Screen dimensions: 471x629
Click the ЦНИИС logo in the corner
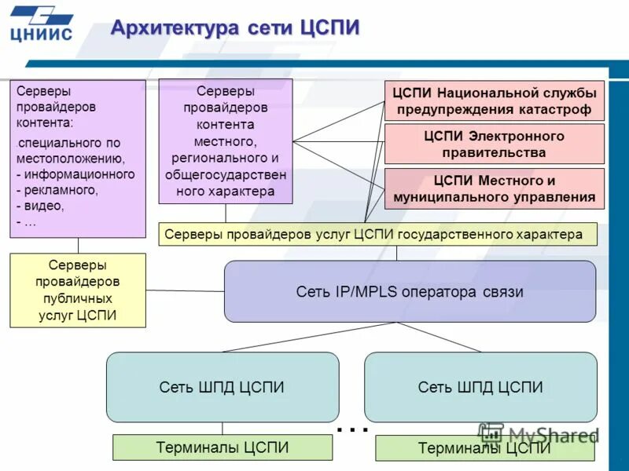tap(41, 24)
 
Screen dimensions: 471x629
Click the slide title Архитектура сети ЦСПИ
tap(235, 28)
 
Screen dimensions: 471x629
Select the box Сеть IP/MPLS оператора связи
tap(410, 292)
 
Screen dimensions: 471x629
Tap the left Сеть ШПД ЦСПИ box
tap(222, 387)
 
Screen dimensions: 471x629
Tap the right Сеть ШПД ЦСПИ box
tap(480, 387)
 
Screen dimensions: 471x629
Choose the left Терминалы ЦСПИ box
tap(222, 447)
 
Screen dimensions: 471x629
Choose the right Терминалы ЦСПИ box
tap(484, 448)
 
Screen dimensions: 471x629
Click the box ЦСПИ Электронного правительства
tap(494, 144)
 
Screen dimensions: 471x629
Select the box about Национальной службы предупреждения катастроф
tap(494, 101)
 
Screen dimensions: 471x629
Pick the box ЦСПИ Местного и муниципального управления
tap(494, 189)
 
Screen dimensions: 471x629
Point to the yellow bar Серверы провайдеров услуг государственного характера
tap(377, 234)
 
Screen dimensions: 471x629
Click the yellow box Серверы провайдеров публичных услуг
tap(78, 290)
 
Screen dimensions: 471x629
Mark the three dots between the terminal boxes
tap(352, 429)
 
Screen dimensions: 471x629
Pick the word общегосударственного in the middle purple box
tap(226, 175)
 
